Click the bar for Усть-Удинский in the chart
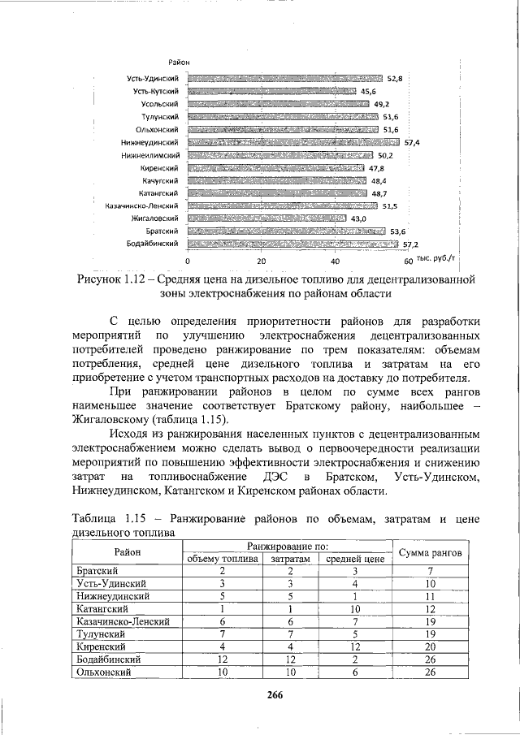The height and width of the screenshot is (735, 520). [285, 79]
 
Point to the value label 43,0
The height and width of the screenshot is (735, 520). [358, 218]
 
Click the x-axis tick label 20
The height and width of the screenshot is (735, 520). [262, 262]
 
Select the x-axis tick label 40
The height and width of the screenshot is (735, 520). [335, 262]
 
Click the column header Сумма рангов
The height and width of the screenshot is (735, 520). [431, 553]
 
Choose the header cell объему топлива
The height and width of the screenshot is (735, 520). [222, 559]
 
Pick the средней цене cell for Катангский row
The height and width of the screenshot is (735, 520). [355, 607]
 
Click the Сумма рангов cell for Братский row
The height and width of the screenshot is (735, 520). [431, 571]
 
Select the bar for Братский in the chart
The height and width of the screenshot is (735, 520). [286, 231]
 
